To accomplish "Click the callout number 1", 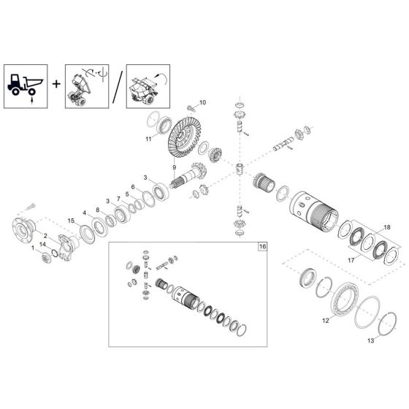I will (32, 250).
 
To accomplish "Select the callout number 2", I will (45, 235).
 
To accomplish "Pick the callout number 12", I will (325, 320).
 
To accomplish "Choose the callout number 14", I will (42, 244).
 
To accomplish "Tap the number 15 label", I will (71, 221).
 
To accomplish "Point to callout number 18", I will (386, 227).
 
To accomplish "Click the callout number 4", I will (85, 213).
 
